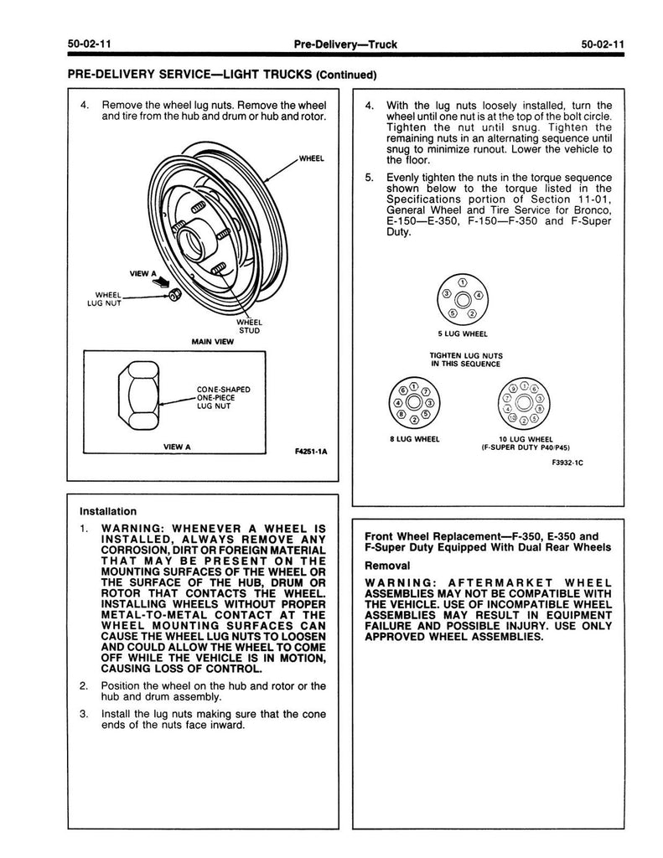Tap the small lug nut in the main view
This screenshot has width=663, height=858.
175,295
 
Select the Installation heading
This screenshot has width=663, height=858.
108,510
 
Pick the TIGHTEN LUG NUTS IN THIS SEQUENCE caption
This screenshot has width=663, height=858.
465,359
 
